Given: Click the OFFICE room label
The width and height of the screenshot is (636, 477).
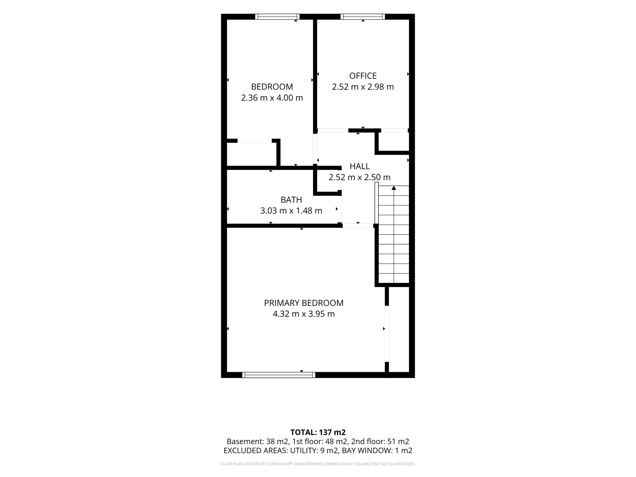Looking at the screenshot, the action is (x=363, y=76).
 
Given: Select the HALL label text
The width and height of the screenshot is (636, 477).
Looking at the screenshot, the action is (x=360, y=166).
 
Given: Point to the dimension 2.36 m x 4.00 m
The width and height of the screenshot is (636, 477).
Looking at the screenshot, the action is (x=272, y=98).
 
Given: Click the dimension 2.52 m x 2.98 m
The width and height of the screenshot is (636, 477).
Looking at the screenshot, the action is (x=363, y=87).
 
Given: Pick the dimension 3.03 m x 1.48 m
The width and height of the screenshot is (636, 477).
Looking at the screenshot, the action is (x=291, y=211).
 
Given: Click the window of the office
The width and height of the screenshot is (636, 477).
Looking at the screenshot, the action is (x=363, y=17).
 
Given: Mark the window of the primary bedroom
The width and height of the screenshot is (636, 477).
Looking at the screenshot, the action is (x=279, y=375).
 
